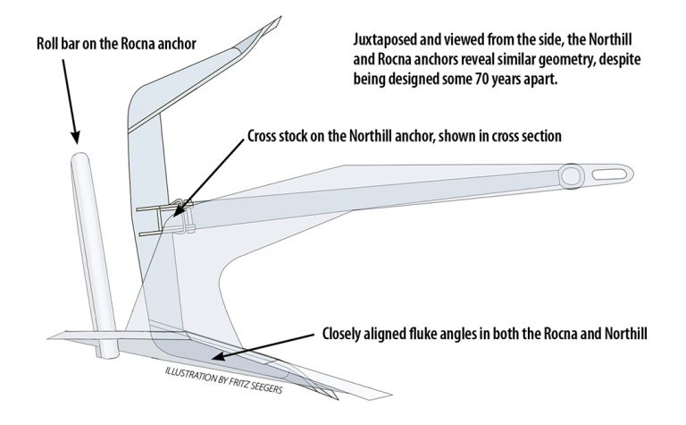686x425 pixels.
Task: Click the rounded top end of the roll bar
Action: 80,157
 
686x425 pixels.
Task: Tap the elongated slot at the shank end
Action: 609,174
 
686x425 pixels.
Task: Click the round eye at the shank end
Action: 571,176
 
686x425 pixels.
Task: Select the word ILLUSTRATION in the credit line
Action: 190,375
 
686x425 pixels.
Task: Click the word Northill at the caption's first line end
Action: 610,40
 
